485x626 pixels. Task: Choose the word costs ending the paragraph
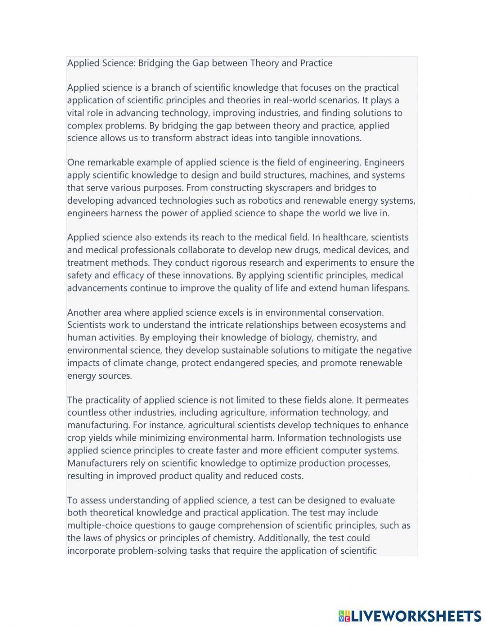(292, 476)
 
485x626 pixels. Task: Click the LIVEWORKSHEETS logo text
(416, 616)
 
